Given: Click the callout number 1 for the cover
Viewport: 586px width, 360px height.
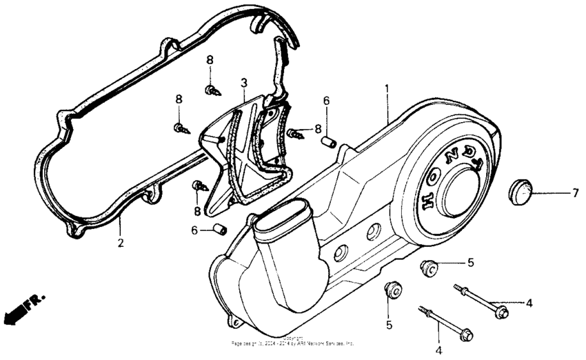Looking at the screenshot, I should coord(387,89).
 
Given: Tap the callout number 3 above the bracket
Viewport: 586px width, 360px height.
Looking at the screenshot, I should coord(243,83).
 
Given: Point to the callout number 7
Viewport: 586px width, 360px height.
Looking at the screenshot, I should coord(575,194).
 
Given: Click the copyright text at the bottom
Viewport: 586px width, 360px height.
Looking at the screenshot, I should coord(293,341).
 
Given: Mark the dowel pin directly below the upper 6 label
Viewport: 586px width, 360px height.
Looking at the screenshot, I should coord(329,142).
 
